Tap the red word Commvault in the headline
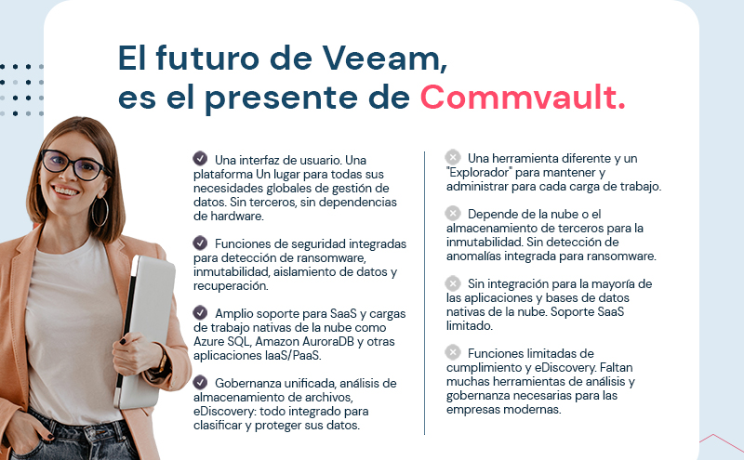click(522, 98)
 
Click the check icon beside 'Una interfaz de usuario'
click(200, 158)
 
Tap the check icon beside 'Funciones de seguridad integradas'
click(200, 243)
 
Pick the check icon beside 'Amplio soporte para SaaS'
click(200, 313)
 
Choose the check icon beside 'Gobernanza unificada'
click(200, 383)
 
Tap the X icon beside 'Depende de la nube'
click(453, 213)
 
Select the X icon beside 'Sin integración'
click(453, 283)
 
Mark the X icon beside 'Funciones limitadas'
click(453, 352)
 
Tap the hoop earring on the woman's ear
click(100, 210)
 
